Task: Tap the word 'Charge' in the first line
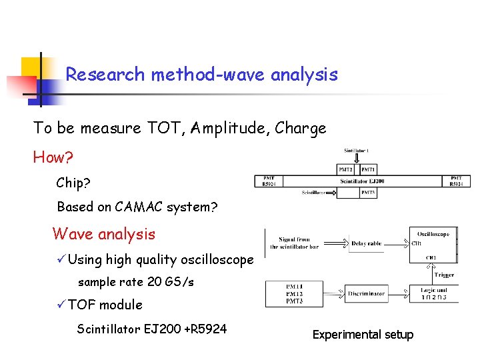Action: [301, 128]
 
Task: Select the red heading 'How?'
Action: [53, 158]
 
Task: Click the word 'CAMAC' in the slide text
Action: [141, 207]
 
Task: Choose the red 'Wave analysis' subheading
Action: [103, 234]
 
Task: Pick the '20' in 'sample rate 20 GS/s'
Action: [153, 282]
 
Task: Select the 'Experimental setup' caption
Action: [363, 335]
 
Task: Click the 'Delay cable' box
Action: [366, 243]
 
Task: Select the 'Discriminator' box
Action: [366, 293]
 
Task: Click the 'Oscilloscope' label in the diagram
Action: [433, 233]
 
